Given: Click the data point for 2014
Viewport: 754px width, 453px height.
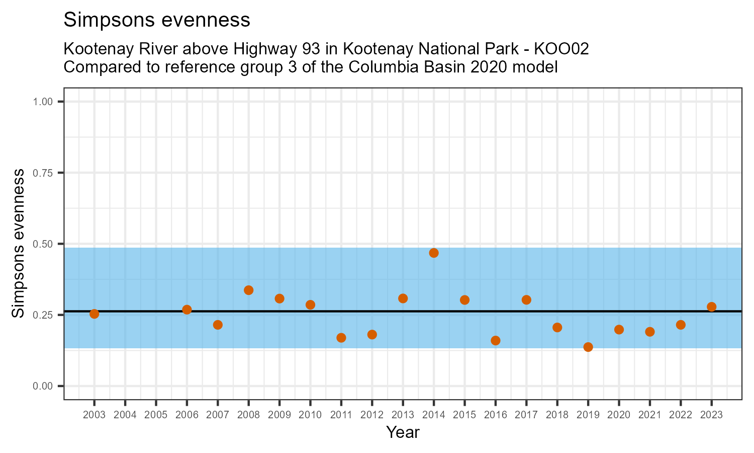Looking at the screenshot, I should pos(434,253).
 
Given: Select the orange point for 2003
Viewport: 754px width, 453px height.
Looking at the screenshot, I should pos(94,314).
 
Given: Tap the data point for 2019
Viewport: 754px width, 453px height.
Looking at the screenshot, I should pos(588,347).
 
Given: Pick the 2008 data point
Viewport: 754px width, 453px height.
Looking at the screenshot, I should pos(248,290).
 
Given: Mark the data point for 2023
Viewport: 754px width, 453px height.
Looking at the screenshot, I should pos(711,307).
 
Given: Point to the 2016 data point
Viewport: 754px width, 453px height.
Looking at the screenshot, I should pos(496,340).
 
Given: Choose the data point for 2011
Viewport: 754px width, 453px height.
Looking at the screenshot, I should pos(341,338).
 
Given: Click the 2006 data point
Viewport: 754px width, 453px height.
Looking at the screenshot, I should pos(187,310).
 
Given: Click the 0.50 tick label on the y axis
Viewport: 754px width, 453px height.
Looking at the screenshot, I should pos(43,244).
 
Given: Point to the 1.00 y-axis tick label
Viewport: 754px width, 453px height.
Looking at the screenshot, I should pos(43,102).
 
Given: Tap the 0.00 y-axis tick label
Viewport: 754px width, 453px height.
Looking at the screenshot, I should pos(43,386).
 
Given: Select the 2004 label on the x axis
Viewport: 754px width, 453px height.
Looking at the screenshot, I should pos(125,415).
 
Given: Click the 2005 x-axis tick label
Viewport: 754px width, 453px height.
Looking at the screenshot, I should pos(156,415).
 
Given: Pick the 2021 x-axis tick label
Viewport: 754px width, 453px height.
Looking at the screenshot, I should pos(649,415).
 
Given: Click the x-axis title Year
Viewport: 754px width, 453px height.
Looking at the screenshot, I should pos(403,432).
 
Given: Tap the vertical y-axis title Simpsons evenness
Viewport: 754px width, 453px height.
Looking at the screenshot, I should pos(18,244).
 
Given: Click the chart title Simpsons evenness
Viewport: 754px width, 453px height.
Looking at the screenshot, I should pos(157,20).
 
